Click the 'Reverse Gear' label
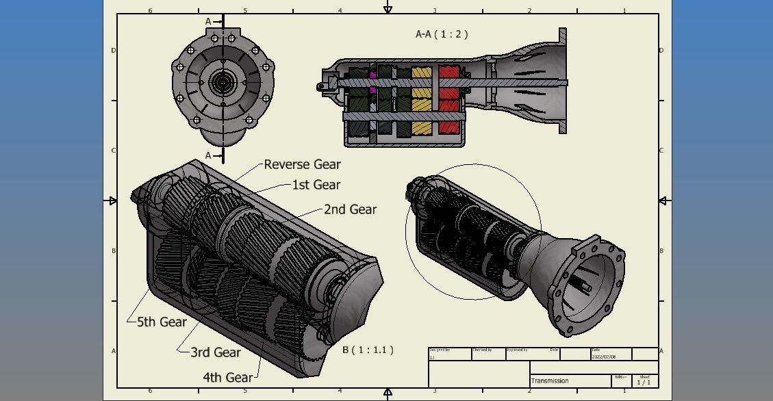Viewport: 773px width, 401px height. pos(302,164)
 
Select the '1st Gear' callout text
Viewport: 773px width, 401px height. pos(316,185)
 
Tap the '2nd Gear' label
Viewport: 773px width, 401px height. pos(350,209)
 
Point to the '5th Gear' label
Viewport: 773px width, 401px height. pos(162,322)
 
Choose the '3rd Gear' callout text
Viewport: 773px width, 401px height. pos(215,352)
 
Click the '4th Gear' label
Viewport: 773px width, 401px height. pos(227,377)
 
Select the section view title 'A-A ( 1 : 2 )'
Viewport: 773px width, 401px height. pos(442,34)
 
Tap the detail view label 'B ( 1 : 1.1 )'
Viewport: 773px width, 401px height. pos(368,350)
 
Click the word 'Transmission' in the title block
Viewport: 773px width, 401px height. pos(550,380)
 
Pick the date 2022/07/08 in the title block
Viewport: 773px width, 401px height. pos(603,357)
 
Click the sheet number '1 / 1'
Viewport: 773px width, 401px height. pos(644,382)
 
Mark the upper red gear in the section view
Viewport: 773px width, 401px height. pos(449,72)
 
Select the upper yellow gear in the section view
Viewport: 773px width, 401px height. pos(421,73)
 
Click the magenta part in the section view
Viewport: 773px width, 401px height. pos(373,75)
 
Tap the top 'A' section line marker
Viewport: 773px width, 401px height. pos(209,22)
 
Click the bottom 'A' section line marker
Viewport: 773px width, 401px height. pos(209,155)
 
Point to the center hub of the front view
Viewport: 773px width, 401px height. pos(223,83)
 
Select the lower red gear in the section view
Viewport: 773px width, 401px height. pos(449,127)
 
